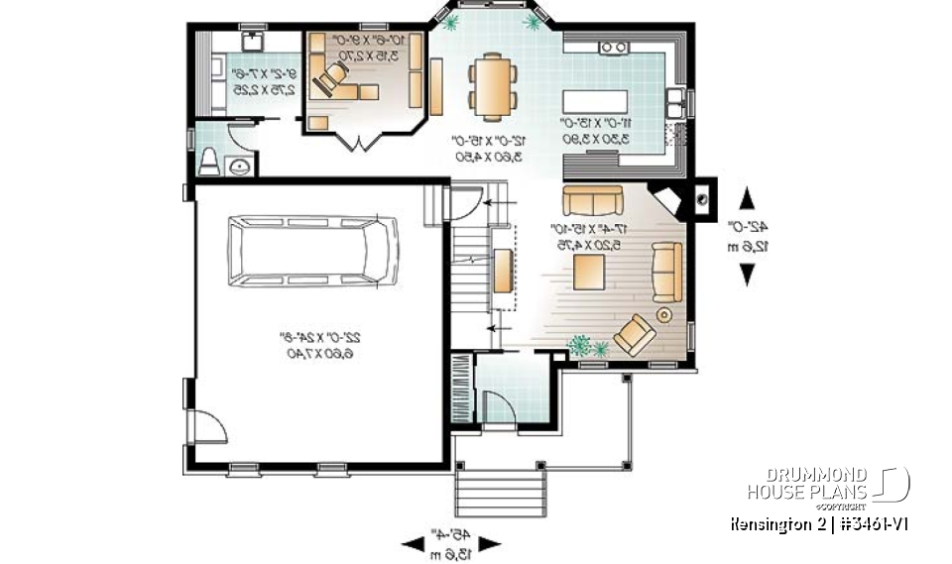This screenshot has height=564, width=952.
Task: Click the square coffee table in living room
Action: pyautogui.click(x=592, y=270)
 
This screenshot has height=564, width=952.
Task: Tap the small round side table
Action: pyautogui.click(x=663, y=314)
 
